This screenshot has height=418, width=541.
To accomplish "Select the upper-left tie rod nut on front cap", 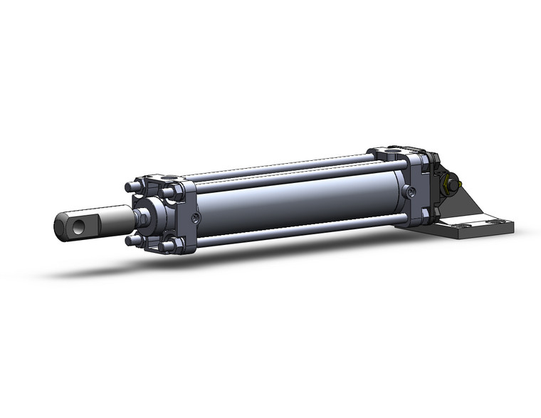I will (130, 187).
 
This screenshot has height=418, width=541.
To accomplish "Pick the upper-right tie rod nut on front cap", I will (168, 192).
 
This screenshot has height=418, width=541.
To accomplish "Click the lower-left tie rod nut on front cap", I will (131, 240).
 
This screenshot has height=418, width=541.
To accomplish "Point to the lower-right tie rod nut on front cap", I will (168, 246).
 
